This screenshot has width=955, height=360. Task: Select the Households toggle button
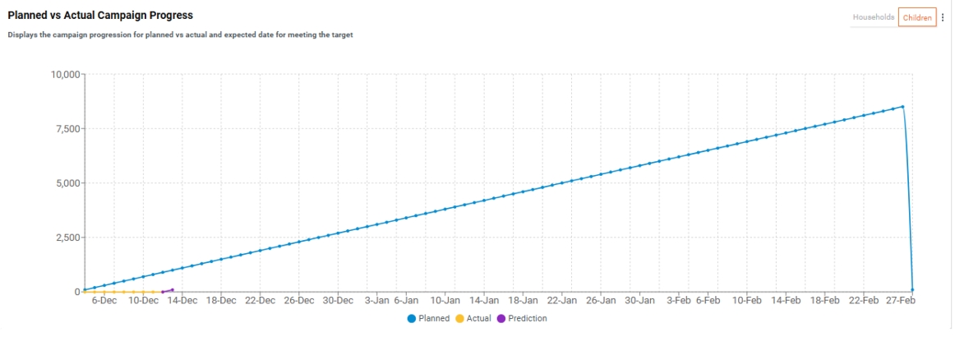tap(873, 17)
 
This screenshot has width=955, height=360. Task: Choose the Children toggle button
tap(916, 17)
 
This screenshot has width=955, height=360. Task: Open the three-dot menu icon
tap(943, 17)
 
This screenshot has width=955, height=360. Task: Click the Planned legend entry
tap(428, 318)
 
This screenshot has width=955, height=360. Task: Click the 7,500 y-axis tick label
tap(64, 129)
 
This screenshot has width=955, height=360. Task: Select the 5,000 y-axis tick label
tap(64, 183)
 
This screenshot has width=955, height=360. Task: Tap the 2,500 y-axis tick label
tap(64, 238)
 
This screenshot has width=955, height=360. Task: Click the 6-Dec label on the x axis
tap(104, 301)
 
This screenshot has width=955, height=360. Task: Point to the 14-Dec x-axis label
tap(182, 301)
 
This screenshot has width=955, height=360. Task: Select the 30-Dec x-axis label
tap(338, 301)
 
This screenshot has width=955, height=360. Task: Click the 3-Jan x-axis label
tap(376, 301)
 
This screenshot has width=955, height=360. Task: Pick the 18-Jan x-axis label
tap(524, 301)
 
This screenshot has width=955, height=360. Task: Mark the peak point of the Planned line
tap(902, 106)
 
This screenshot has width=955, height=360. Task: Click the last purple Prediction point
tap(172, 289)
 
